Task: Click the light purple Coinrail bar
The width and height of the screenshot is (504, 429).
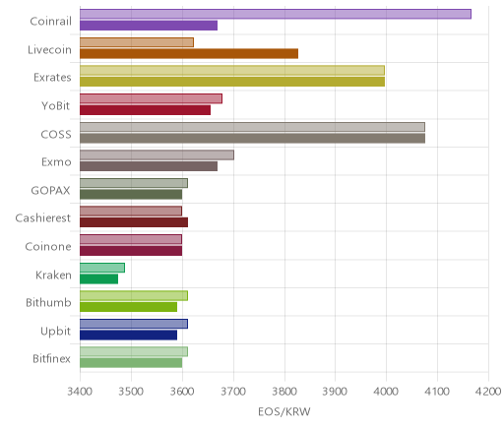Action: point(276,14)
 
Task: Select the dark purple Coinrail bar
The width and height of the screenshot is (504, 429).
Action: point(149,26)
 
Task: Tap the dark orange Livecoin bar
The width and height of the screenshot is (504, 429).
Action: point(189,53)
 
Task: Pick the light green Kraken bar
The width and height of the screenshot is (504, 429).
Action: point(102,268)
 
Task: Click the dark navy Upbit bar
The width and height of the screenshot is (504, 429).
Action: point(128,335)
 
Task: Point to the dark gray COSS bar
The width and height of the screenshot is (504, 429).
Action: point(252,138)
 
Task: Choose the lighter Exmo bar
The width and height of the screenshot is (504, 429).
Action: point(157,155)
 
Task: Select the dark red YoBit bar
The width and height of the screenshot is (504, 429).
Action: point(145,110)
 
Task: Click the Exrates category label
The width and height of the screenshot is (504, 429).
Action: point(52,78)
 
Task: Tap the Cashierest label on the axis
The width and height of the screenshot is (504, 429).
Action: point(43,218)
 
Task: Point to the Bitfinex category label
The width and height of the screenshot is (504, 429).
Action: point(51,358)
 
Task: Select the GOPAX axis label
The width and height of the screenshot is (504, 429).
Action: point(50,190)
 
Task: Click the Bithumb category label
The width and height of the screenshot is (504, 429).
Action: point(48,302)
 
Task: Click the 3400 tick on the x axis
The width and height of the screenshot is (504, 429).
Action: point(80,392)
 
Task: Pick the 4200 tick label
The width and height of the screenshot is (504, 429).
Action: point(488,392)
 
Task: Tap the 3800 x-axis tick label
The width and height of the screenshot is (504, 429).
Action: point(284,392)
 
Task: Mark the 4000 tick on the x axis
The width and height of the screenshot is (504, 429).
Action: point(386,392)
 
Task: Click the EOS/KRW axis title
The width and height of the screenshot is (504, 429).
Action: point(284,411)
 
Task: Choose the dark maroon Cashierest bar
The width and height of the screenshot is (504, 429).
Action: point(134,222)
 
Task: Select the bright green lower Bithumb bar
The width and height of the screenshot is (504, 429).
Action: point(128,307)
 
